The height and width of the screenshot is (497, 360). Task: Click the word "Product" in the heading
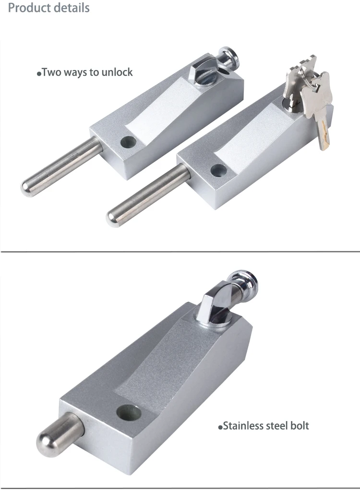pos(29,8)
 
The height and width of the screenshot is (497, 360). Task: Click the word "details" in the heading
pos(71,8)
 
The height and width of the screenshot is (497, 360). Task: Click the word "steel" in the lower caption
pos(276,426)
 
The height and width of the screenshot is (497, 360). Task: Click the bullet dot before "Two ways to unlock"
pos(39,74)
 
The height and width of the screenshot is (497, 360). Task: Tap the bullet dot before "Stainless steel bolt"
pos(221,427)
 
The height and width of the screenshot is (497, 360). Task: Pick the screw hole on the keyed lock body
pos(218,170)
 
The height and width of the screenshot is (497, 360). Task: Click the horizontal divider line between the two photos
pos(180,251)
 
